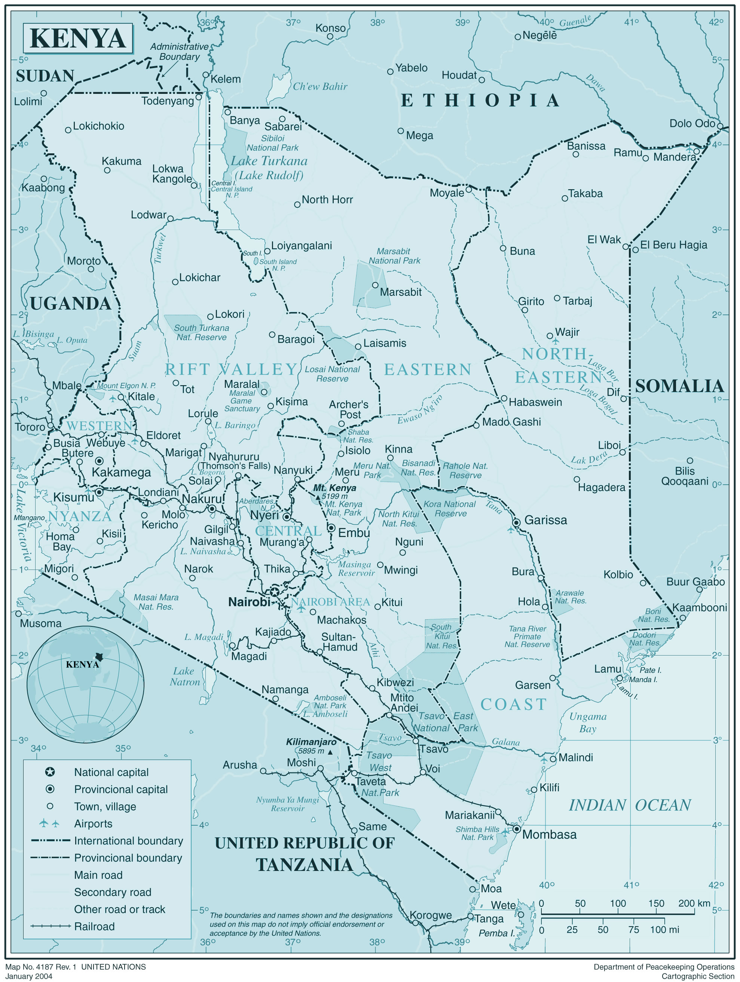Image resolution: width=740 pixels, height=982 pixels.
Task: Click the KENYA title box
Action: click(x=78, y=39)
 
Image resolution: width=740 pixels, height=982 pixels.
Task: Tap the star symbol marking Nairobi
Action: click(x=275, y=592)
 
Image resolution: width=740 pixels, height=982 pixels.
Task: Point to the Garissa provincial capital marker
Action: click(x=516, y=522)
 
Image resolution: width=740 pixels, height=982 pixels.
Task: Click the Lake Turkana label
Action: click(x=269, y=161)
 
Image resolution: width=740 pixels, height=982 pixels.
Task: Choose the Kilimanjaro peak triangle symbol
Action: click(x=330, y=752)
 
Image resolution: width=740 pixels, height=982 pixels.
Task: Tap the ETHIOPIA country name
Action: click(x=480, y=100)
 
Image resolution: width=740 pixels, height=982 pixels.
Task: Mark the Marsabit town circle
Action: click(x=375, y=285)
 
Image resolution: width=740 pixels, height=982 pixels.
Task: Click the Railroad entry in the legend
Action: click(x=94, y=927)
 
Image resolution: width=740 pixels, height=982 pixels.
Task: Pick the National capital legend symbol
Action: click(x=50, y=772)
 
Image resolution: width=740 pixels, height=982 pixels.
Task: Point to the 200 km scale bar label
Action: click(x=694, y=903)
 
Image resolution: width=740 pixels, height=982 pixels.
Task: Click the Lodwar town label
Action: click(x=149, y=215)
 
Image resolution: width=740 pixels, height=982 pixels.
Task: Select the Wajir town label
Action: click(x=567, y=332)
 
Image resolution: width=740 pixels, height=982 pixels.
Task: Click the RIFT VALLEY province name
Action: click(x=231, y=369)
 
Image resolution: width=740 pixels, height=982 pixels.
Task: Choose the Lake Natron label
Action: click(x=185, y=676)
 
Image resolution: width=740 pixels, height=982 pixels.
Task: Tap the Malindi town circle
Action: click(x=553, y=759)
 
